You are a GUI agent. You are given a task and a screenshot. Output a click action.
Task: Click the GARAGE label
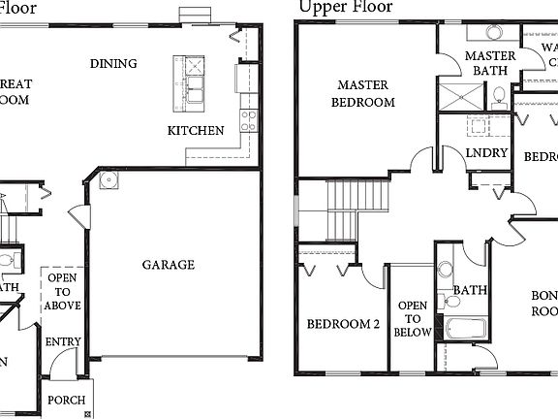tap(169, 264)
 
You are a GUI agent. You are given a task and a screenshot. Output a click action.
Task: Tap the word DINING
tap(113, 64)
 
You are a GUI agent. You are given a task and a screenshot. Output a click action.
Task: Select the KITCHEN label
tap(196, 130)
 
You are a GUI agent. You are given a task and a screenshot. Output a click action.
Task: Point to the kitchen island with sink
tap(190, 80)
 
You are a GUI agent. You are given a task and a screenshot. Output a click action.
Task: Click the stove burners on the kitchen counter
tap(248, 120)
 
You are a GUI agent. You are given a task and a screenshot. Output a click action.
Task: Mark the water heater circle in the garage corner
tap(108, 179)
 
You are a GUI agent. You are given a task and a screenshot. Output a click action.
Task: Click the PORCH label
tap(66, 400)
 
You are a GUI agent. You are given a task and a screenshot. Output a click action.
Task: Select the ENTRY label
tap(63, 341)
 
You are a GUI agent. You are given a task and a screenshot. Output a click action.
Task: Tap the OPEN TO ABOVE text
tap(62, 292)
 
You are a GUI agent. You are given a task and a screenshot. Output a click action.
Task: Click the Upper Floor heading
tap(346, 8)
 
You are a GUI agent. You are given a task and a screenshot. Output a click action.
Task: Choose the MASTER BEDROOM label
tap(363, 93)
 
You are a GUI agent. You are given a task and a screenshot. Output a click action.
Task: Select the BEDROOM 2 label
tap(343, 324)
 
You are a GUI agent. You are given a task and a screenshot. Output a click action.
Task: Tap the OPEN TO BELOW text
tap(412, 319)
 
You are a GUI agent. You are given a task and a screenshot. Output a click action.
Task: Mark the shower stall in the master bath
tap(460, 95)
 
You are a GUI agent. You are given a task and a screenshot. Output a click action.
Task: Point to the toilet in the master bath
tap(498, 95)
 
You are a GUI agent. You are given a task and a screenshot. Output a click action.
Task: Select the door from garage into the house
tap(76, 219)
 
